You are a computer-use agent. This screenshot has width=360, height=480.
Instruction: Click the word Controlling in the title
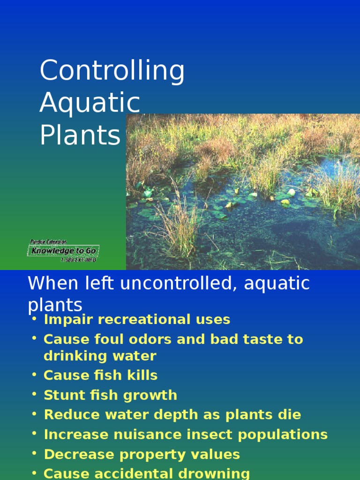112,71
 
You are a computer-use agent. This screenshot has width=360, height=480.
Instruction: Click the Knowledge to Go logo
63,251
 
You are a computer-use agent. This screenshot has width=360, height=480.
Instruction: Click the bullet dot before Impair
34,319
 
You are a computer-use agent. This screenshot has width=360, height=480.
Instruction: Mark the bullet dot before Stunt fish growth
34,394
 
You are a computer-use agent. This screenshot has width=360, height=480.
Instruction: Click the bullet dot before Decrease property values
34,454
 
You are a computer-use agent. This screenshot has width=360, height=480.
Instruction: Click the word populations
283,435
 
